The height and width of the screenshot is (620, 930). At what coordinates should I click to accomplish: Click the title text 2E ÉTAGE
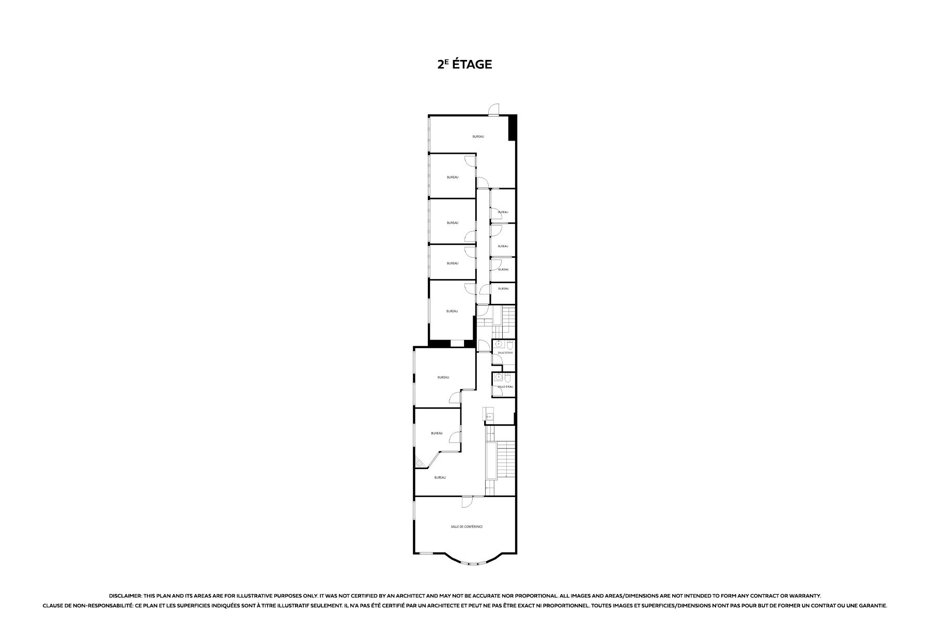click(464, 64)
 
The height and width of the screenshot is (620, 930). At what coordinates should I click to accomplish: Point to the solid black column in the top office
click(512, 128)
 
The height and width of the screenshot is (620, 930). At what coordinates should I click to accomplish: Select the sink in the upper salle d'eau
click(499, 344)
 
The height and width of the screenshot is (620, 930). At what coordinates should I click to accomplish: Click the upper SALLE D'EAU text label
click(505, 352)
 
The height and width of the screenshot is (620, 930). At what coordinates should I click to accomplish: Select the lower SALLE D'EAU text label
click(505, 386)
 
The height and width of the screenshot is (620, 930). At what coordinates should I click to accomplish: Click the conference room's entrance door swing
click(105, 501)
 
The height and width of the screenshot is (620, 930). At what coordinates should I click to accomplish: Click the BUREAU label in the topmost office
click(478, 136)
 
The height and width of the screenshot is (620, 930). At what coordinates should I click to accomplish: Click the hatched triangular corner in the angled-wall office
click(422, 464)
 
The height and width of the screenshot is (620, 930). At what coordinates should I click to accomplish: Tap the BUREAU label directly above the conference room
click(440, 477)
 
